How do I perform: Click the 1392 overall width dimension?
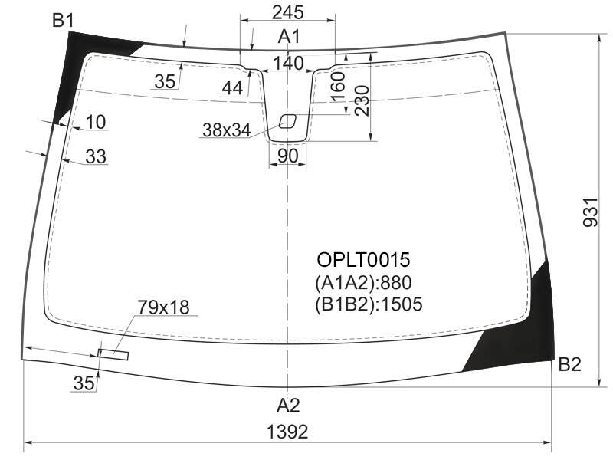[x=287, y=432]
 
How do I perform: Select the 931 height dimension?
[x=590, y=212]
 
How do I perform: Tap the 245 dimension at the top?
[x=288, y=12]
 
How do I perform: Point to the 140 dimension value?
[x=288, y=63]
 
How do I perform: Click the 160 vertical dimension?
[x=339, y=87]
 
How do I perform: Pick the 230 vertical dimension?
[x=362, y=100]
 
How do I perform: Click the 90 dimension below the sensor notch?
[x=288, y=156]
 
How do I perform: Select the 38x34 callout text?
[x=227, y=130]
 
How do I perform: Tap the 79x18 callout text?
[x=163, y=307]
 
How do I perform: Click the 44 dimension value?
[x=232, y=88]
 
